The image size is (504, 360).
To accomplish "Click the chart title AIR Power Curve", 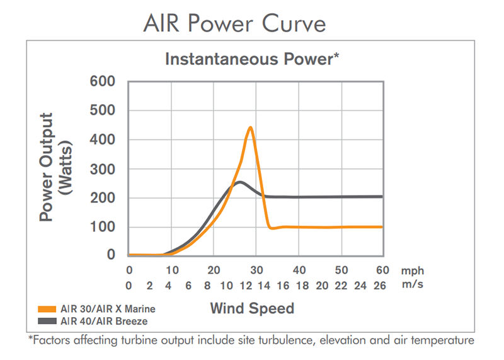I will [235, 23].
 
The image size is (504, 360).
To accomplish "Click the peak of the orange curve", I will [251, 127].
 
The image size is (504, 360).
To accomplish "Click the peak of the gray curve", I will [240, 182].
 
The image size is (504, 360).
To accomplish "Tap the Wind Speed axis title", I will [252, 308].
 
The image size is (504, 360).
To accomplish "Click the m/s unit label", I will [411, 285].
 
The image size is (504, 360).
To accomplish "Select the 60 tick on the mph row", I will [382, 270].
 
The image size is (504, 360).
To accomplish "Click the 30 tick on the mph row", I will [256, 270].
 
